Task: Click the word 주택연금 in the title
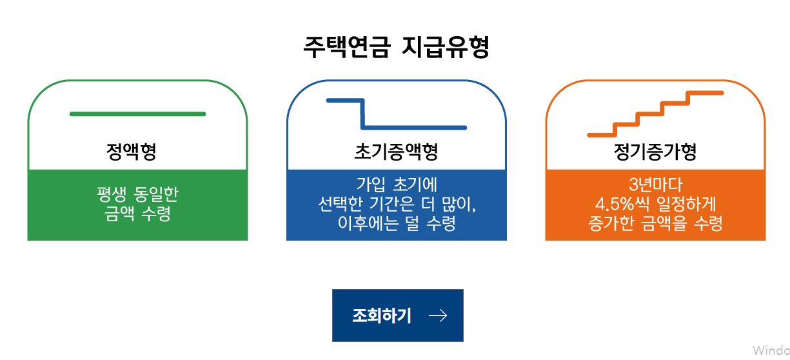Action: [x=347, y=47]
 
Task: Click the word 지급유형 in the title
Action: [x=445, y=47]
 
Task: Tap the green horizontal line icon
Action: [x=137, y=114]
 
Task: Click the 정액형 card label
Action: [x=132, y=152]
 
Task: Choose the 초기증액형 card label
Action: [x=396, y=152]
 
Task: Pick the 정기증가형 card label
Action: [x=655, y=152]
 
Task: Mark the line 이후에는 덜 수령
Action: [x=396, y=224]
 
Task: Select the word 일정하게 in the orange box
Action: [x=686, y=204]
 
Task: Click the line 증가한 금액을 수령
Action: [x=655, y=224]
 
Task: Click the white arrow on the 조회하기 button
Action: [x=438, y=315]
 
